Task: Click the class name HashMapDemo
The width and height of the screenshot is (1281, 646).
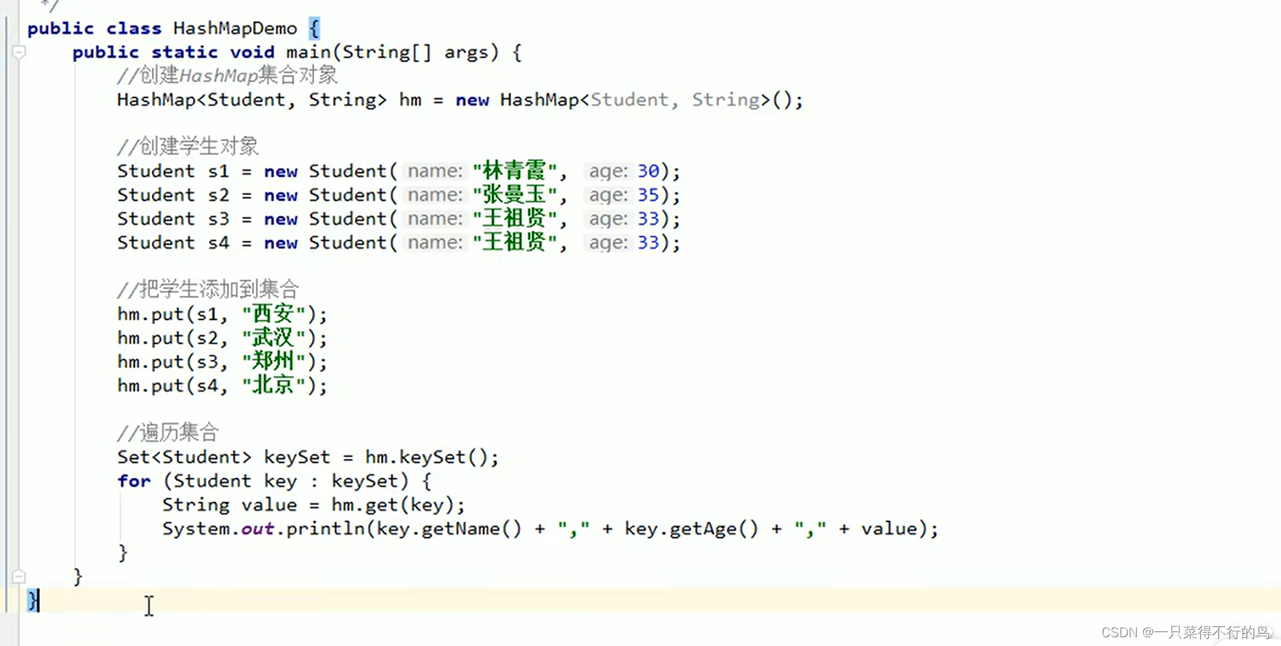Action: coord(235,28)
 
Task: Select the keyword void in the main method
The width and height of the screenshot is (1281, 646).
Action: coord(252,52)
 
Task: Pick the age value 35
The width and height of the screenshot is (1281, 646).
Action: coord(648,195)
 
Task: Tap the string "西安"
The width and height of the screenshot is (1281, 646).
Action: coord(273,314)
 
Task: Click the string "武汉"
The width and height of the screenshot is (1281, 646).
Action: coord(273,338)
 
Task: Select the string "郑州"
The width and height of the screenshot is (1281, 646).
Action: coord(273,362)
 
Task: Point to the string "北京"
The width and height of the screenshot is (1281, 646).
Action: coord(273,386)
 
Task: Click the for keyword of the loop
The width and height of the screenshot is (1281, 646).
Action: coord(134,481)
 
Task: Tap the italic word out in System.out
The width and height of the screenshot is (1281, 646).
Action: coord(257,529)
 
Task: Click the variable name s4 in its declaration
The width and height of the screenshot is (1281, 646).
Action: coord(218,243)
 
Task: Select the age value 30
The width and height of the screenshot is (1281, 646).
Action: coord(648,172)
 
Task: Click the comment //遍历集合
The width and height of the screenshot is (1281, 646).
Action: coord(168,433)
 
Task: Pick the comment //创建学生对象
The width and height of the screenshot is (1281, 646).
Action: coord(188,146)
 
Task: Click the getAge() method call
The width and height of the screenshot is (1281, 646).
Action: coord(713,529)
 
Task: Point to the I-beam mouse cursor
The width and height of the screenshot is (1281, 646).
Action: coord(149,605)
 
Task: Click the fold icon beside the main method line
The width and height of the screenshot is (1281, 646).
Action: coord(20,52)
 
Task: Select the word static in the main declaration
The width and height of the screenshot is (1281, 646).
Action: coord(185,52)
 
